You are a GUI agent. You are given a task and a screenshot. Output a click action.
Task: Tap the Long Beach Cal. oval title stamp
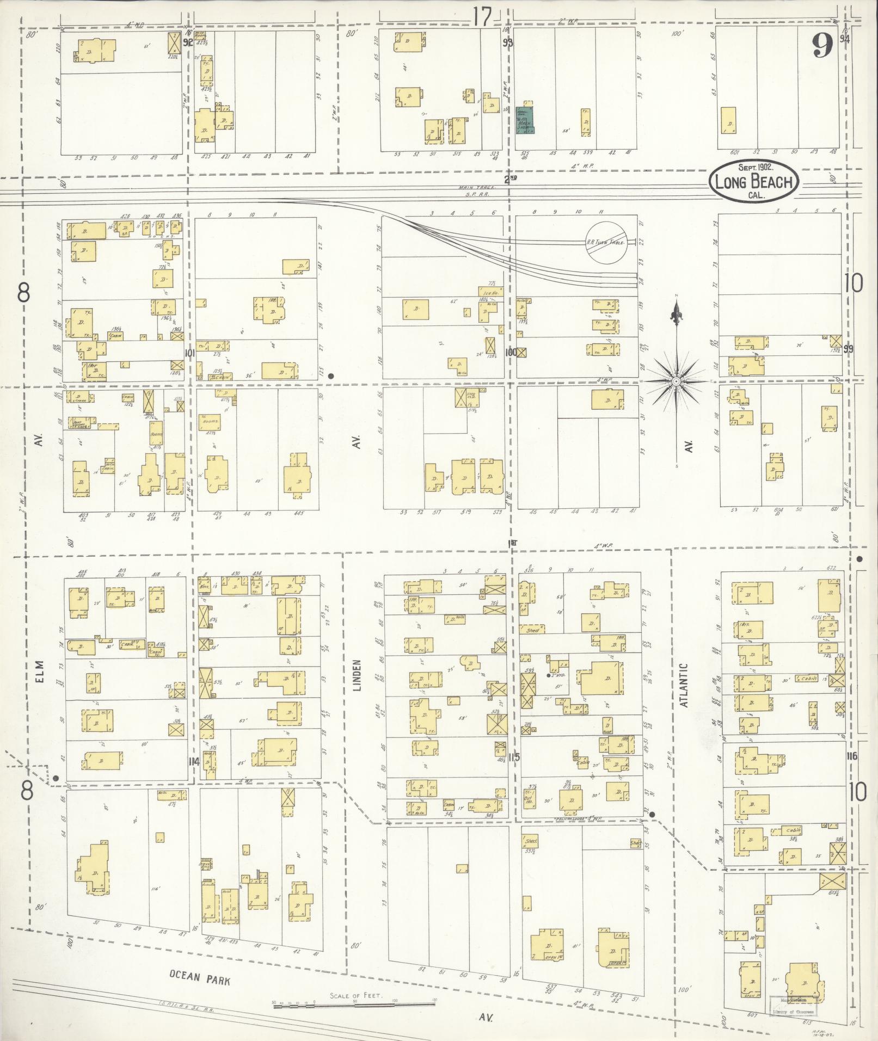click(753, 181)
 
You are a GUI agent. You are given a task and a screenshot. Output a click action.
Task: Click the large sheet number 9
click(822, 46)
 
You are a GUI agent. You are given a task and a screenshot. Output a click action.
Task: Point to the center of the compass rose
click(676, 381)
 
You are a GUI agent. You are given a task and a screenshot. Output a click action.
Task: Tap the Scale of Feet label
click(356, 995)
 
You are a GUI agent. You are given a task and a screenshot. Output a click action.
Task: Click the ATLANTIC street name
click(685, 685)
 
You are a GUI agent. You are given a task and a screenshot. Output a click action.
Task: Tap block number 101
click(190, 353)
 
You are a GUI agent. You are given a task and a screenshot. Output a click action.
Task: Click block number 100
click(510, 353)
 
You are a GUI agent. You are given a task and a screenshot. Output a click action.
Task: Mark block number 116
click(852, 756)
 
